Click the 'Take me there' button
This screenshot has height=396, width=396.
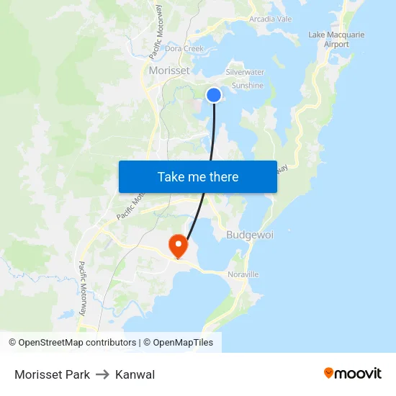point(197,176)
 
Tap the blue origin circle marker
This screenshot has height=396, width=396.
point(214,94)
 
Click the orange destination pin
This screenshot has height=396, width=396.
point(177,246)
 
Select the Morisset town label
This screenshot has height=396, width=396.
point(169,71)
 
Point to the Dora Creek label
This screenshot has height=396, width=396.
point(185,49)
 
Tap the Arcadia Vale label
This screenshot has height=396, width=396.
point(270,19)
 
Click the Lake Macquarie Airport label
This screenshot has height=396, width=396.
point(336,39)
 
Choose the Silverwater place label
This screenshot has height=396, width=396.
point(245,73)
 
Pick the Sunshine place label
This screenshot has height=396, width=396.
point(247,86)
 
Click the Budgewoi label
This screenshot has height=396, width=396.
point(248,235)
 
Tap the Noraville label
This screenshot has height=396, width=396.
point(243,274)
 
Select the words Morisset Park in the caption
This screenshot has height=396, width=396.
point(52,374)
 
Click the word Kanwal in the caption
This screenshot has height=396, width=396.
point(135,374)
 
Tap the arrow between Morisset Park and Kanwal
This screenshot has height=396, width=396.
point(102,374)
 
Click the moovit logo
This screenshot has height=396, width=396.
point(353,373)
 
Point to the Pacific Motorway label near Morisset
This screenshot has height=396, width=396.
point(156,32)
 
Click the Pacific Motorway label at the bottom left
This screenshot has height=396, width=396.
point(82,289)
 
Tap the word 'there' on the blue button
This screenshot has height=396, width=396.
point(222,176)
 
